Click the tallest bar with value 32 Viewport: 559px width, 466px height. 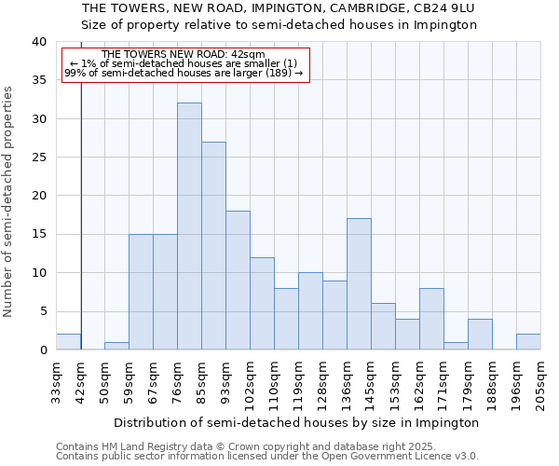(x=189, y=226)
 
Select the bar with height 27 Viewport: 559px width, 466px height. (x=213, y=246)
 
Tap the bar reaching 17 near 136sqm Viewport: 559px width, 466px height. (x=359, y=284)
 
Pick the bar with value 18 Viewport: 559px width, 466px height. (x=238, y=281)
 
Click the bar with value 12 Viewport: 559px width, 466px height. (x=262, y=304)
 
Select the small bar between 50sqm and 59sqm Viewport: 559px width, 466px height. (x=116, y=346)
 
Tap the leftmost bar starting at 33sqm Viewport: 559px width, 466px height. (x=68, y=342)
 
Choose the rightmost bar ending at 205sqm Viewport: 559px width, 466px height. (x=528, y=342)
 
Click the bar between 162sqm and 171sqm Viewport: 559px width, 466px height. (x=431, y=319)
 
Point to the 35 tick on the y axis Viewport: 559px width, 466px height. (x=38, y=80)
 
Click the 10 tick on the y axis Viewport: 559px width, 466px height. (x=38, y=273)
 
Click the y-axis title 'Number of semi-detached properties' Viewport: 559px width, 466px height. (x=8, y=201)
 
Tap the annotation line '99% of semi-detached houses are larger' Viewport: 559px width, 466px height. (x=184, y=73)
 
